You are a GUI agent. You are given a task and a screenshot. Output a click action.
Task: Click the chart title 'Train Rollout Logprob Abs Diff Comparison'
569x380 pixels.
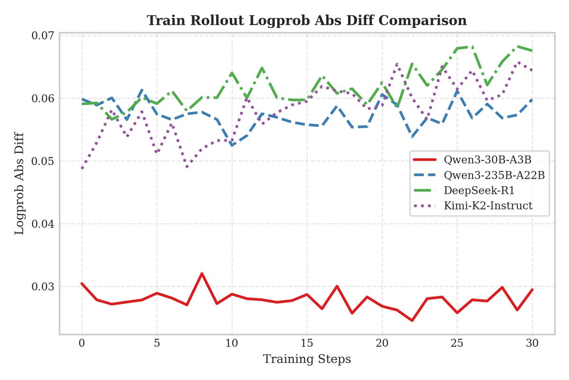[x=307, y=21]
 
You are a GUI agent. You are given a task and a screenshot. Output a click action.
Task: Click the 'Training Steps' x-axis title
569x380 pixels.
[x=307, y=359]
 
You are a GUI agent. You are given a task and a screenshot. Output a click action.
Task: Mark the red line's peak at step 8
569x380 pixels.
[x=202, y=274]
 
